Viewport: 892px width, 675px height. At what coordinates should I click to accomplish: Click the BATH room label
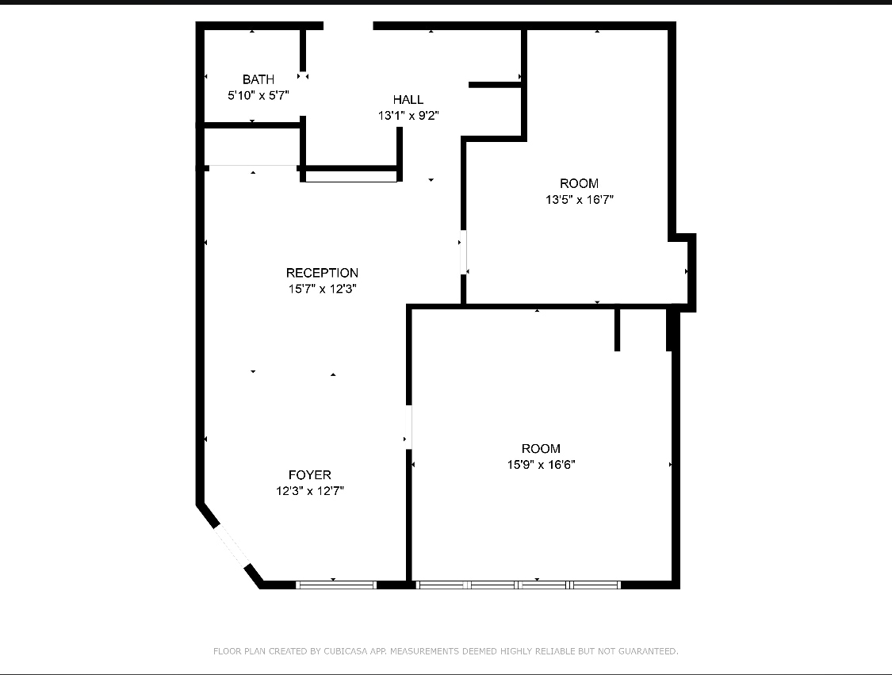(x=258, y=79)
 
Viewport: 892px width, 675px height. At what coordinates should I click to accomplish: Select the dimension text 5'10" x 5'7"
(x=258, y=95)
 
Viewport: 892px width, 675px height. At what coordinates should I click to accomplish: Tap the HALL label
(x=408, y=100)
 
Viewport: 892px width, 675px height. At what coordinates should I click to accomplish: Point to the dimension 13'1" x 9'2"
(x=408, y=116)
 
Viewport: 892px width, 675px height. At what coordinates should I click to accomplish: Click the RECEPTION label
(x=322, y=273)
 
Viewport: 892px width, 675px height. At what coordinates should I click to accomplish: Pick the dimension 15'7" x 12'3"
(x=322, y=290)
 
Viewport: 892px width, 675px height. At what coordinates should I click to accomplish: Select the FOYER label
(x=310, y=475)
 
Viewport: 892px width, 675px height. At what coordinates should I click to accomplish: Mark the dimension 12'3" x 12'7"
(x=310, y=491)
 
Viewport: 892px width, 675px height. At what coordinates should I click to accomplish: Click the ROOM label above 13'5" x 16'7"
(x=580, y=183)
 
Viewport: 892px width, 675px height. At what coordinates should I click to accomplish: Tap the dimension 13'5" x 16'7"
(x=580, y=200)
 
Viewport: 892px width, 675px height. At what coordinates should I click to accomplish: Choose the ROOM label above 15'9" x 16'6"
(x=542, y=448)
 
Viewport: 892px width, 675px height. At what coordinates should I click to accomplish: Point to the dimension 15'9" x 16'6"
(x=542, y=465)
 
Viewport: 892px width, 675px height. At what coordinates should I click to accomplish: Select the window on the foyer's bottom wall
(x=336, y=585)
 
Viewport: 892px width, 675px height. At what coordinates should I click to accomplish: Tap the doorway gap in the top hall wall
(x=348, y=26)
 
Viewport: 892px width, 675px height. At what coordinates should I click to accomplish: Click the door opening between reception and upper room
(x=463, y=252)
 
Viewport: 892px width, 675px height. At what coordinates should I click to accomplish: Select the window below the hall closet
(x=351, y=177)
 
